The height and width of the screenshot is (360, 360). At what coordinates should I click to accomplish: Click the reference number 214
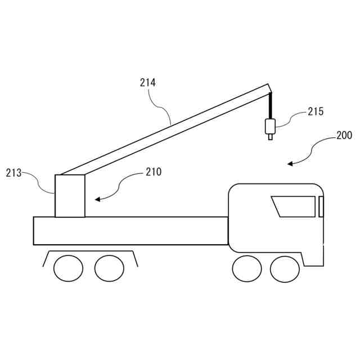tap(148, 83)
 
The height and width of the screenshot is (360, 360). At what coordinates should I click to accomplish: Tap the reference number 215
tap(316, 111)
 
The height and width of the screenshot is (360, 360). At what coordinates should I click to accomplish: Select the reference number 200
tap(344, 136)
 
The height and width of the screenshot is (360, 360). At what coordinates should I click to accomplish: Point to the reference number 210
tap(154, 172)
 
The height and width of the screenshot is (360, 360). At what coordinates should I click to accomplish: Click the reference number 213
tap(13, 172)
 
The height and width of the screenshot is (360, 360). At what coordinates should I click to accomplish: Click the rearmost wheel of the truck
tap(68, 268)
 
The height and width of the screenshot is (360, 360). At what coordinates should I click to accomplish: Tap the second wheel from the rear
tap(109, 268)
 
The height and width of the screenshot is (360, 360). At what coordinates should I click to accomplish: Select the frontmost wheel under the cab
tap(285, 269)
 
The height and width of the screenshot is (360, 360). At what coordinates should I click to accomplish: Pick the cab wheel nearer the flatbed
tap(246, 269)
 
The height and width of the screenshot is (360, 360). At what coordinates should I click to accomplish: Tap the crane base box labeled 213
tap(70, 196)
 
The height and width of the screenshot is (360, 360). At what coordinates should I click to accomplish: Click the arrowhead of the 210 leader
tap(97, 199)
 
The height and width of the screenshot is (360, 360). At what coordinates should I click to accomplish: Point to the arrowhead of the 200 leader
tap(290, 164)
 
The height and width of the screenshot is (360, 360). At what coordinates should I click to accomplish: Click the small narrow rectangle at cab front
tap(321, 207)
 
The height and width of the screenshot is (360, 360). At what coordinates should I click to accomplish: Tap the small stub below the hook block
tap(271, 136)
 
